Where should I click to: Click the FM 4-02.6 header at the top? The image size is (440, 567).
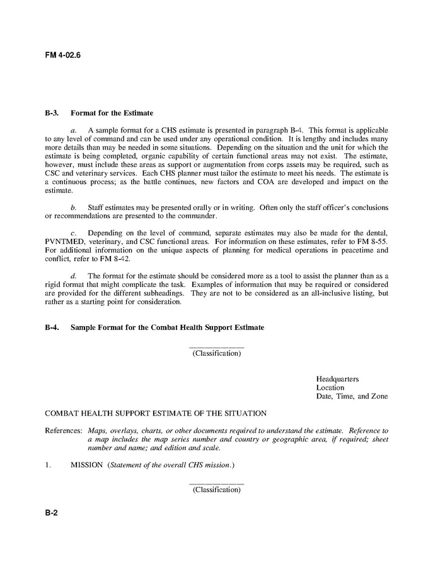62,55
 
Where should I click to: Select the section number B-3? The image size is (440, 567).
52,114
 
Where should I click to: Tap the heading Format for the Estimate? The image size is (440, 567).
112,114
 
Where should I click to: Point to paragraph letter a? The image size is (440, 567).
73,130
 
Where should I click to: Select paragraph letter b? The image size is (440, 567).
73,208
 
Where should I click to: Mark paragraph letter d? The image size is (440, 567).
73,276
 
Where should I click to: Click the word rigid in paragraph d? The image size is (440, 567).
52,284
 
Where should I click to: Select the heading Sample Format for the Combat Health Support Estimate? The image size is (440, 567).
167,328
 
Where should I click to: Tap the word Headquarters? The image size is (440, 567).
337,379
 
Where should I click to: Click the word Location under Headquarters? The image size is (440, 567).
330,388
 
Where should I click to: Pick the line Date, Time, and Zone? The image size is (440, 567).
352,397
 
